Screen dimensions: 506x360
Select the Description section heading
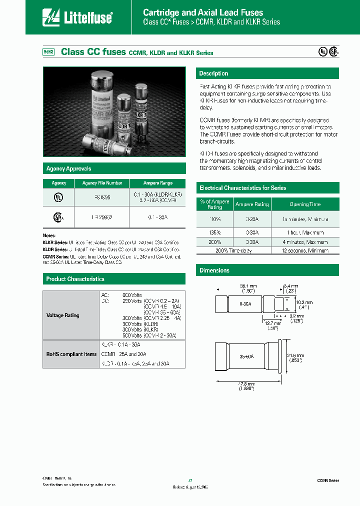tap(213, 73)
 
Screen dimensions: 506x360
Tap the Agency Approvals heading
tap(68, 169)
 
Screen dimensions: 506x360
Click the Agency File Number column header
tap(102, 183)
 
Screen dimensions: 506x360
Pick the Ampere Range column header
tap(157, 183)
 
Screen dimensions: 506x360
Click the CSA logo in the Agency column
tap(59, 217)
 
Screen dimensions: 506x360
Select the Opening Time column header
tap(305, 204)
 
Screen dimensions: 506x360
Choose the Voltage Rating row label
tap(63, 315)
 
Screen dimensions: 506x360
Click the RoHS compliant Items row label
tap(71, 354)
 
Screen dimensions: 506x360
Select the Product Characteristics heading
tap(75, 279)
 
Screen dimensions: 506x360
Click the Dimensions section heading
tap(214, 270)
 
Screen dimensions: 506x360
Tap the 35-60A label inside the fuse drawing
tap(246, 356)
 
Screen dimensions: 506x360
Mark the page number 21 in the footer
tap(190, 480)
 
